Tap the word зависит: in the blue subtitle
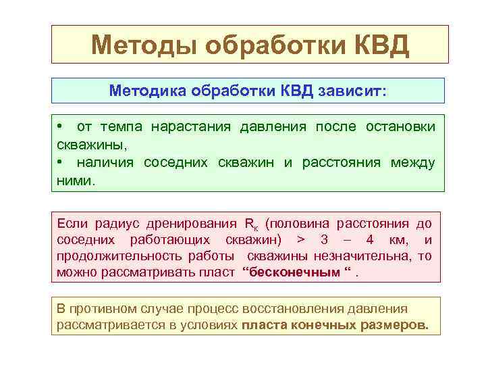point(353,91)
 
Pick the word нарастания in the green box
point(191,126)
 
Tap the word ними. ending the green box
point(76,180)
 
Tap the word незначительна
point(364,256)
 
